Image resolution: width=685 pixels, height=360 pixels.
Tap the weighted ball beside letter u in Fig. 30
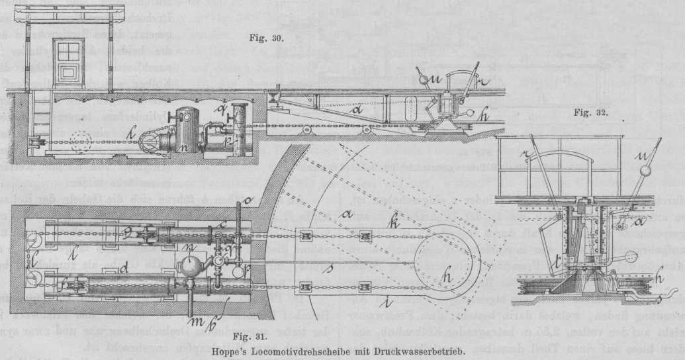422,79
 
